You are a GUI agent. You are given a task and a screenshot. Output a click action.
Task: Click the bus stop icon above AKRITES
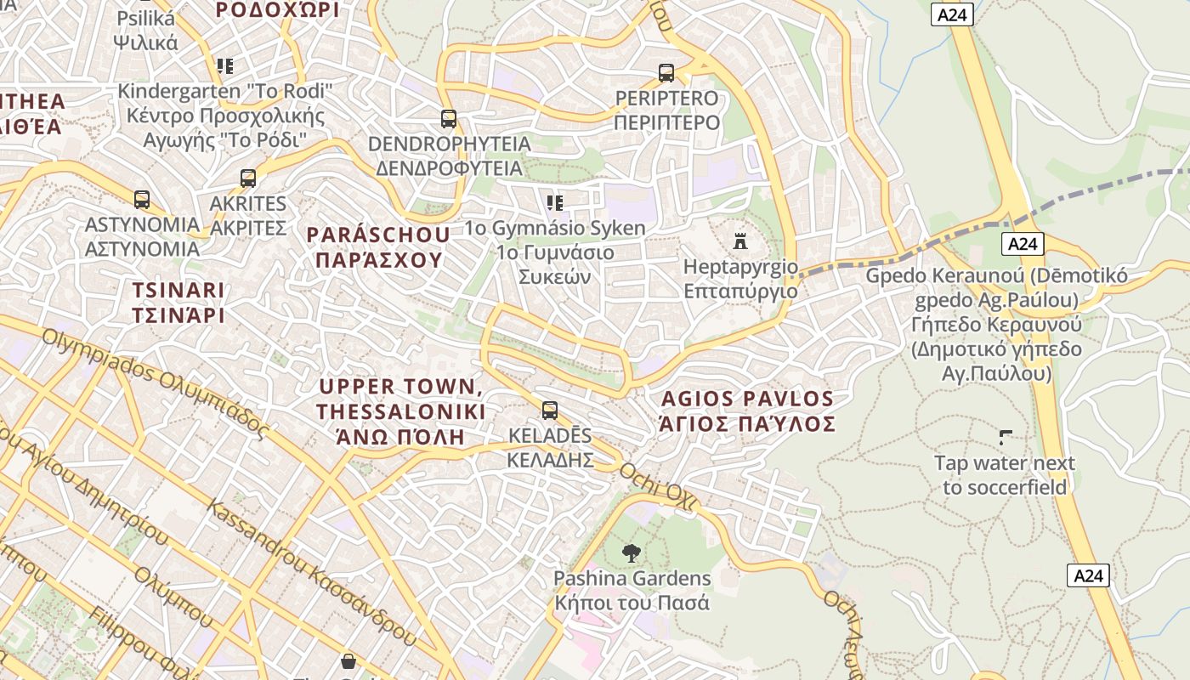247,178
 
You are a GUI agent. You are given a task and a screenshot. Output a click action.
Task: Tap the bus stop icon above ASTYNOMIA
142,200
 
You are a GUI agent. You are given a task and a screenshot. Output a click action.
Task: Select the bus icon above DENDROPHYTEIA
449,119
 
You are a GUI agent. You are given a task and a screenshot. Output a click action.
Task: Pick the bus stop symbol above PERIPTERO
666,73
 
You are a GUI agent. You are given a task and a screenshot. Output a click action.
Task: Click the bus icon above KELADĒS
550,411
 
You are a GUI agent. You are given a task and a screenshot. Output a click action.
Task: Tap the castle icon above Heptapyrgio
740,241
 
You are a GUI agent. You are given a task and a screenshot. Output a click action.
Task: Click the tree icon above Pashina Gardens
631,553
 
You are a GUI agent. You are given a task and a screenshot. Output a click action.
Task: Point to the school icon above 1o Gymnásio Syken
555,202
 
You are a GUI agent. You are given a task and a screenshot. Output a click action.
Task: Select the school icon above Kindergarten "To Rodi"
224,65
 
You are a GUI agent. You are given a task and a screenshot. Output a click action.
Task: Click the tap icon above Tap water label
1006,439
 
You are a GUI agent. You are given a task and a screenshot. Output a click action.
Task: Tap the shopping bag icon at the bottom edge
348,661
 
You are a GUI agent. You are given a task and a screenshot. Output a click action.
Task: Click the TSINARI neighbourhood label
178,303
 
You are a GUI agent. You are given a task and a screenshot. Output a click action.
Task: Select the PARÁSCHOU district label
378,247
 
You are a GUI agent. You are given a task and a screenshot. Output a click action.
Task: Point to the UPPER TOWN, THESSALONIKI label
400,411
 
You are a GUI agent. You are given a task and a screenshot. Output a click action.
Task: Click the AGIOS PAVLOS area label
748,411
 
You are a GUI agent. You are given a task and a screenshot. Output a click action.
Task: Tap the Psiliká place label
145,31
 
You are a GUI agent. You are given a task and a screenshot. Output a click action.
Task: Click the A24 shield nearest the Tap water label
1088,575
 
